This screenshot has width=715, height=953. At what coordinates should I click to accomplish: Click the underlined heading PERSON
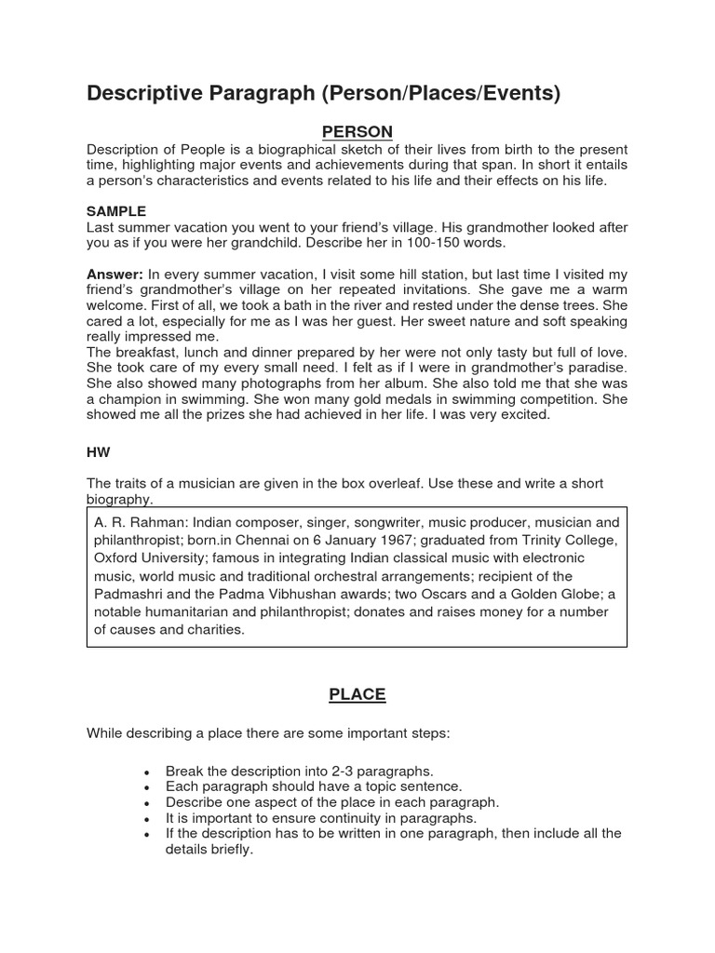357,131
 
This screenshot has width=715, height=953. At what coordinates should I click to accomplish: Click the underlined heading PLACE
357,694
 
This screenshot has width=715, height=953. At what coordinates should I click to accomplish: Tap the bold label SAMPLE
116,211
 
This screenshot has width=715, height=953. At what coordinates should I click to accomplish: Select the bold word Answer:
115,274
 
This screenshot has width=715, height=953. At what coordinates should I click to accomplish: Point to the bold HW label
98,451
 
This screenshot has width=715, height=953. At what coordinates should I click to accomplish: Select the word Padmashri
132,594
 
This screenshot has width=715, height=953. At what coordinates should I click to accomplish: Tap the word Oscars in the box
465,594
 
